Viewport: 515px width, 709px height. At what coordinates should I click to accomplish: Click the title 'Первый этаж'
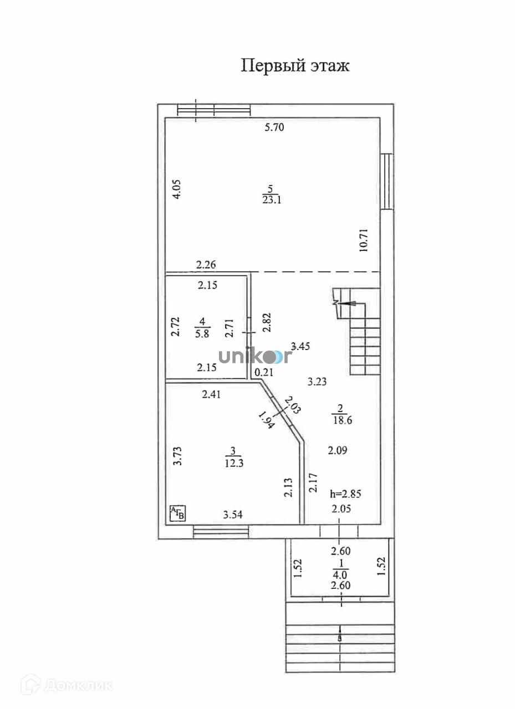pyautogui.click(x=295, y=66)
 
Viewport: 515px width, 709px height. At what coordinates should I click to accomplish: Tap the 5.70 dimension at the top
pyautogui.click(x=274, y=127)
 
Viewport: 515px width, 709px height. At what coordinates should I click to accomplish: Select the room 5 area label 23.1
pyautogui.click(x=271, y=200)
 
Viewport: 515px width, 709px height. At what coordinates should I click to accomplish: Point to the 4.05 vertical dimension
pyautogui.click(x=176, y=189)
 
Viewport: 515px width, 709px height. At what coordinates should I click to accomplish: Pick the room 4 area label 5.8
pyautogui.click(x=202, y=334)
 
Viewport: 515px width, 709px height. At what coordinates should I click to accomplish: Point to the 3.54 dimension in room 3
pyautogui.click(x=233, y=515)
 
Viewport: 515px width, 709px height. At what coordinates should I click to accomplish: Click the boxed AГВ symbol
pyautogui.click(x=177, y=513)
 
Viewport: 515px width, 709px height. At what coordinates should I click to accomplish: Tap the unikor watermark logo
pyautogui.click(x=254, y=356)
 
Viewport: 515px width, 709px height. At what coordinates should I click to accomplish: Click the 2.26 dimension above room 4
pyautogui.click(x=206, y=265)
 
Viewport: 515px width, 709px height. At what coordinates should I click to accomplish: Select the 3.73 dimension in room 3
pyautogui.click(x=177, y=456)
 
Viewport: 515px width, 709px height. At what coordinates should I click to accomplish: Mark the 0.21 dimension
pyautogui.click(x=264, y=372)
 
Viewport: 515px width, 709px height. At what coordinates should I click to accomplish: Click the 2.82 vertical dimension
pyautogui.click(x=267, y=322)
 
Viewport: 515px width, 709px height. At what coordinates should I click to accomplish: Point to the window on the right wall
pyautogui.click(x=387, y=181)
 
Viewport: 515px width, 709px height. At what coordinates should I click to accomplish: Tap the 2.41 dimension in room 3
pyautogui.click(x=211, y=394)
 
